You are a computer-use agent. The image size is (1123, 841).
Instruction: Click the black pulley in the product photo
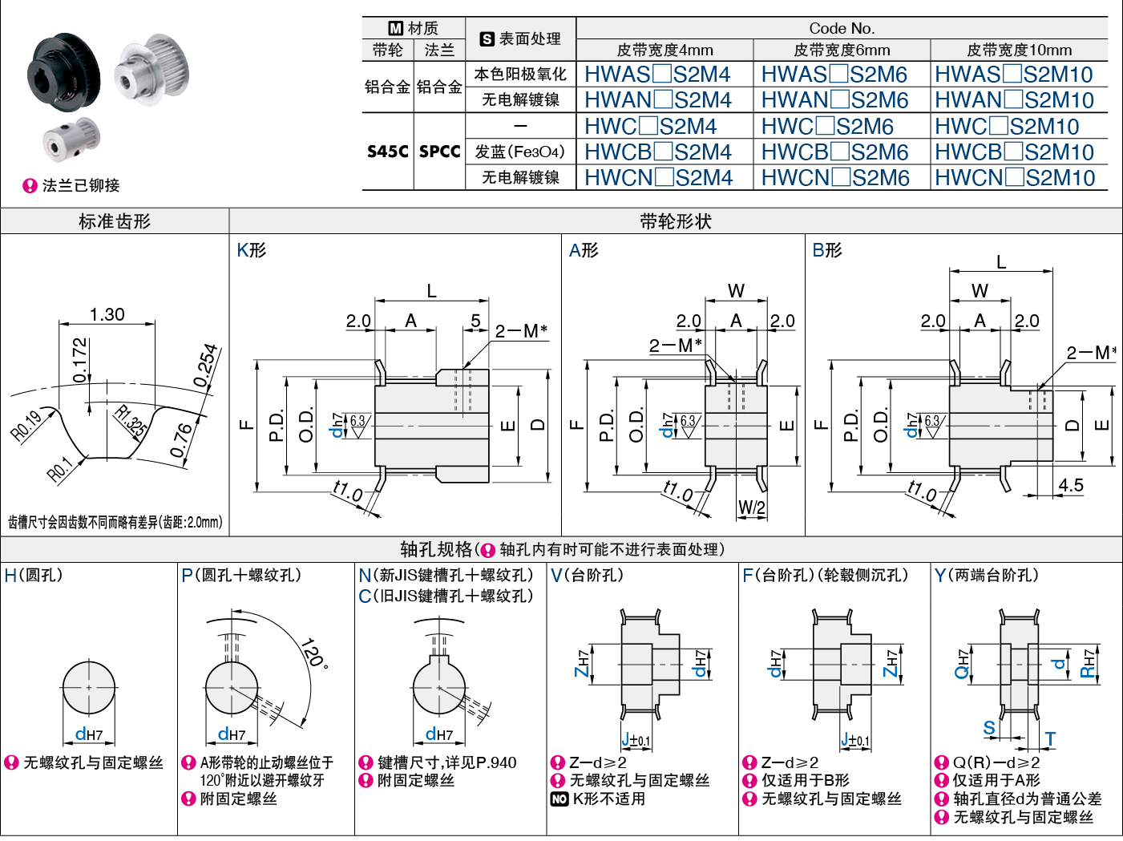(x=63, y=71)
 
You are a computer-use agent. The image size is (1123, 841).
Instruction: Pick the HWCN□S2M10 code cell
(x=1015, y=178)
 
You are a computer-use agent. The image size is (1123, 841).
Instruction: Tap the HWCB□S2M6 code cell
(x=834, y=152)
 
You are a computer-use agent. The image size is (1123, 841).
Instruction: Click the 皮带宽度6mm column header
(x=842, y=50)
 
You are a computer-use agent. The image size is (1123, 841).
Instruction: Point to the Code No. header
(x=842, y=28)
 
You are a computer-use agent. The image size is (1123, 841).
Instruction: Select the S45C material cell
(x=388, y=152)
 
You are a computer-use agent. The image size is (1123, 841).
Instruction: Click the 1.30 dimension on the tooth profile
(x=107, y=314)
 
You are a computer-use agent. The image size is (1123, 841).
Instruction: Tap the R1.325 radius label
(x=130, y=422)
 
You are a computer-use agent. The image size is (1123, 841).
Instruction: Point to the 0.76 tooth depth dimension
(x=183, y=439)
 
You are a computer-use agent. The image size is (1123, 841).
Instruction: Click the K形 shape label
(x=251, y=250)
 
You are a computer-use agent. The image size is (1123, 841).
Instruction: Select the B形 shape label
(x=827, y=250)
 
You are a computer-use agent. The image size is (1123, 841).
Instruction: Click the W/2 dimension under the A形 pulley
(x=751, y=507)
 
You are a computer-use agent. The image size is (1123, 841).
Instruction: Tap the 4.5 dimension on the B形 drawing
(x=1071, y=485)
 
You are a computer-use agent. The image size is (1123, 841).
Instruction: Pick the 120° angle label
(x=313, y=653)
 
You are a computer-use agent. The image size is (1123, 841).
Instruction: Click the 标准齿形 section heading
(x=115, y=221)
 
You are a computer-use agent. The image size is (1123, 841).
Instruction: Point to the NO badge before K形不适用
(x=559, y=799)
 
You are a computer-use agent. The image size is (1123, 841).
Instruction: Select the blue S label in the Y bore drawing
(x=989, y=728)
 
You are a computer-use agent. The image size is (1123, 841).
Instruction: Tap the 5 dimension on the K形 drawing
(x=475, y=321)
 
